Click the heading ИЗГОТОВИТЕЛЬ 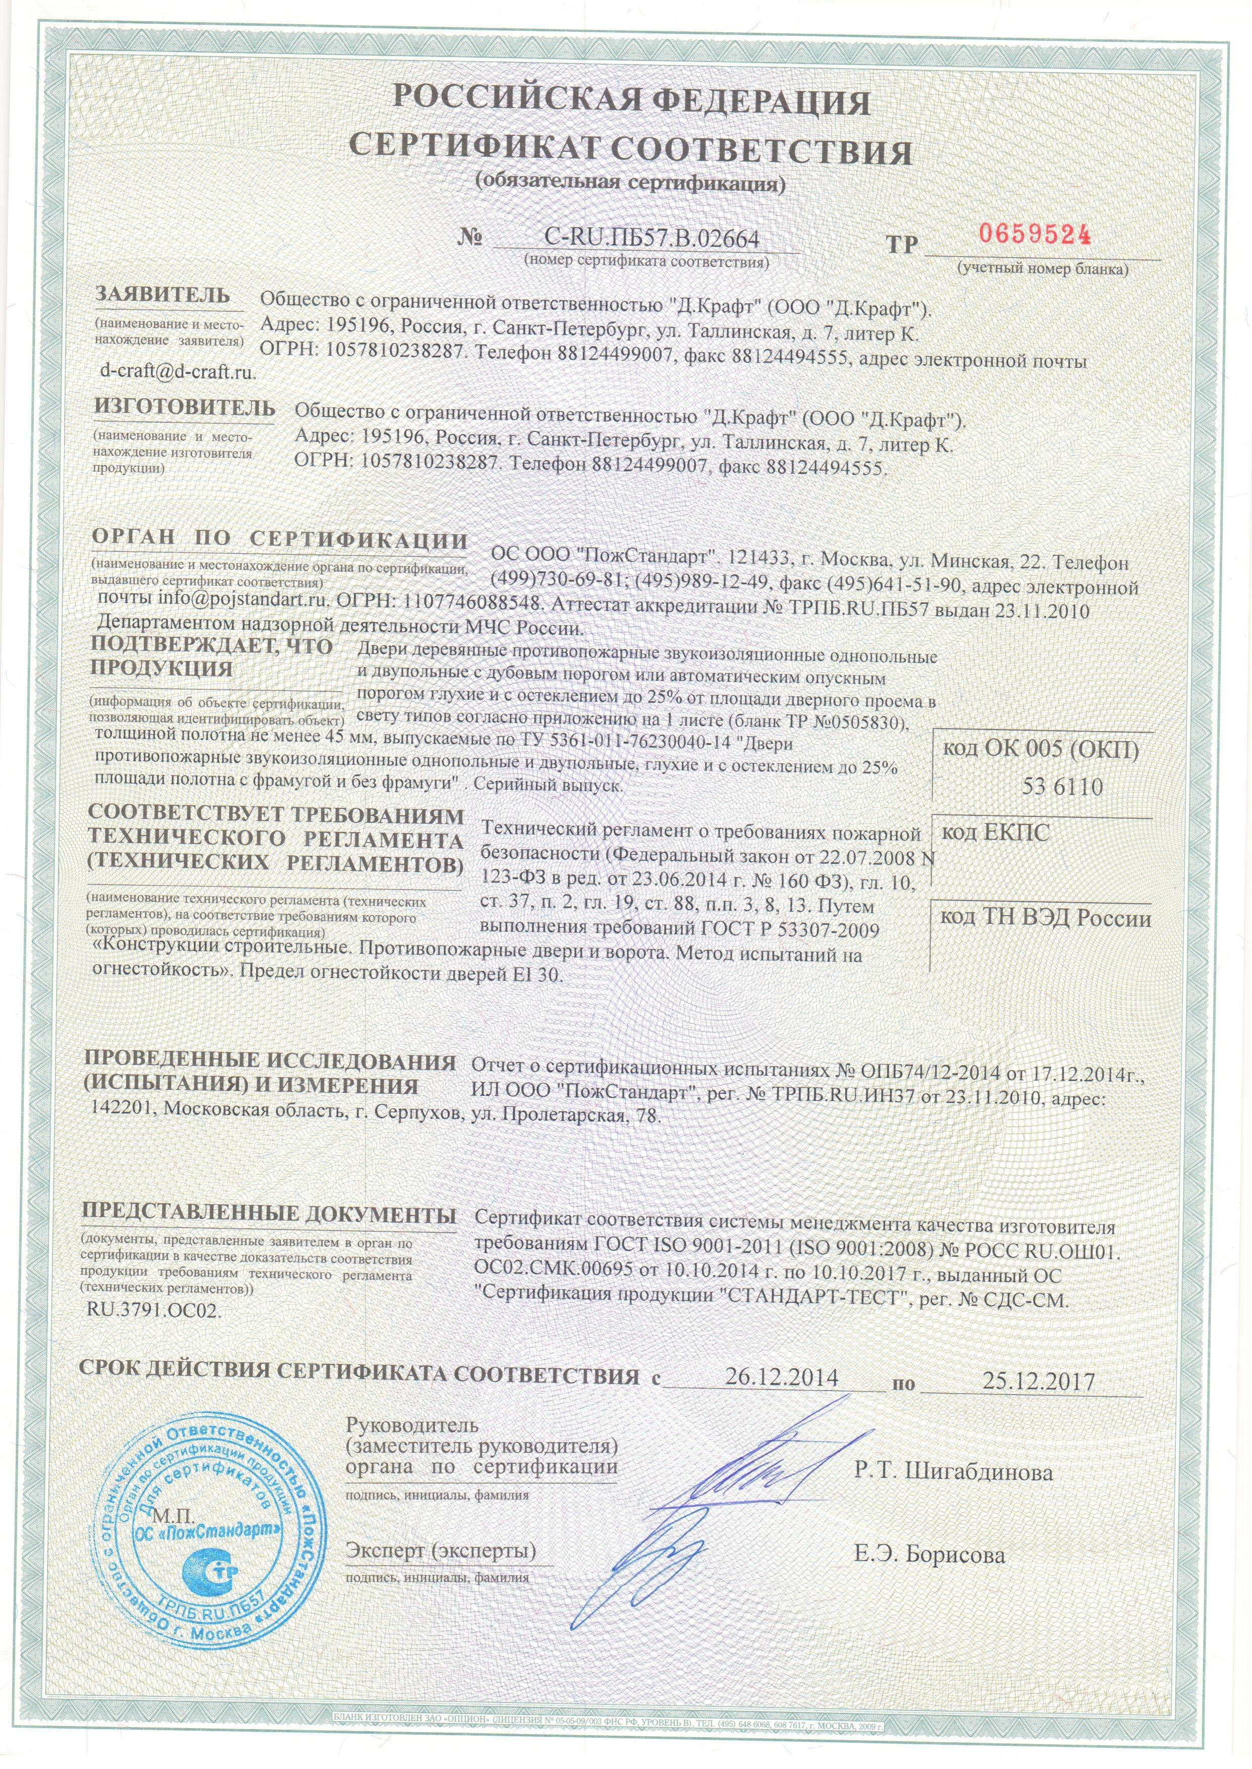click(184, 408)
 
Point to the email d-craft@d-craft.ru click(177, 371)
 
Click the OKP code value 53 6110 click(1062, 787)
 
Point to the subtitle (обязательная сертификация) click(631, 184)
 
